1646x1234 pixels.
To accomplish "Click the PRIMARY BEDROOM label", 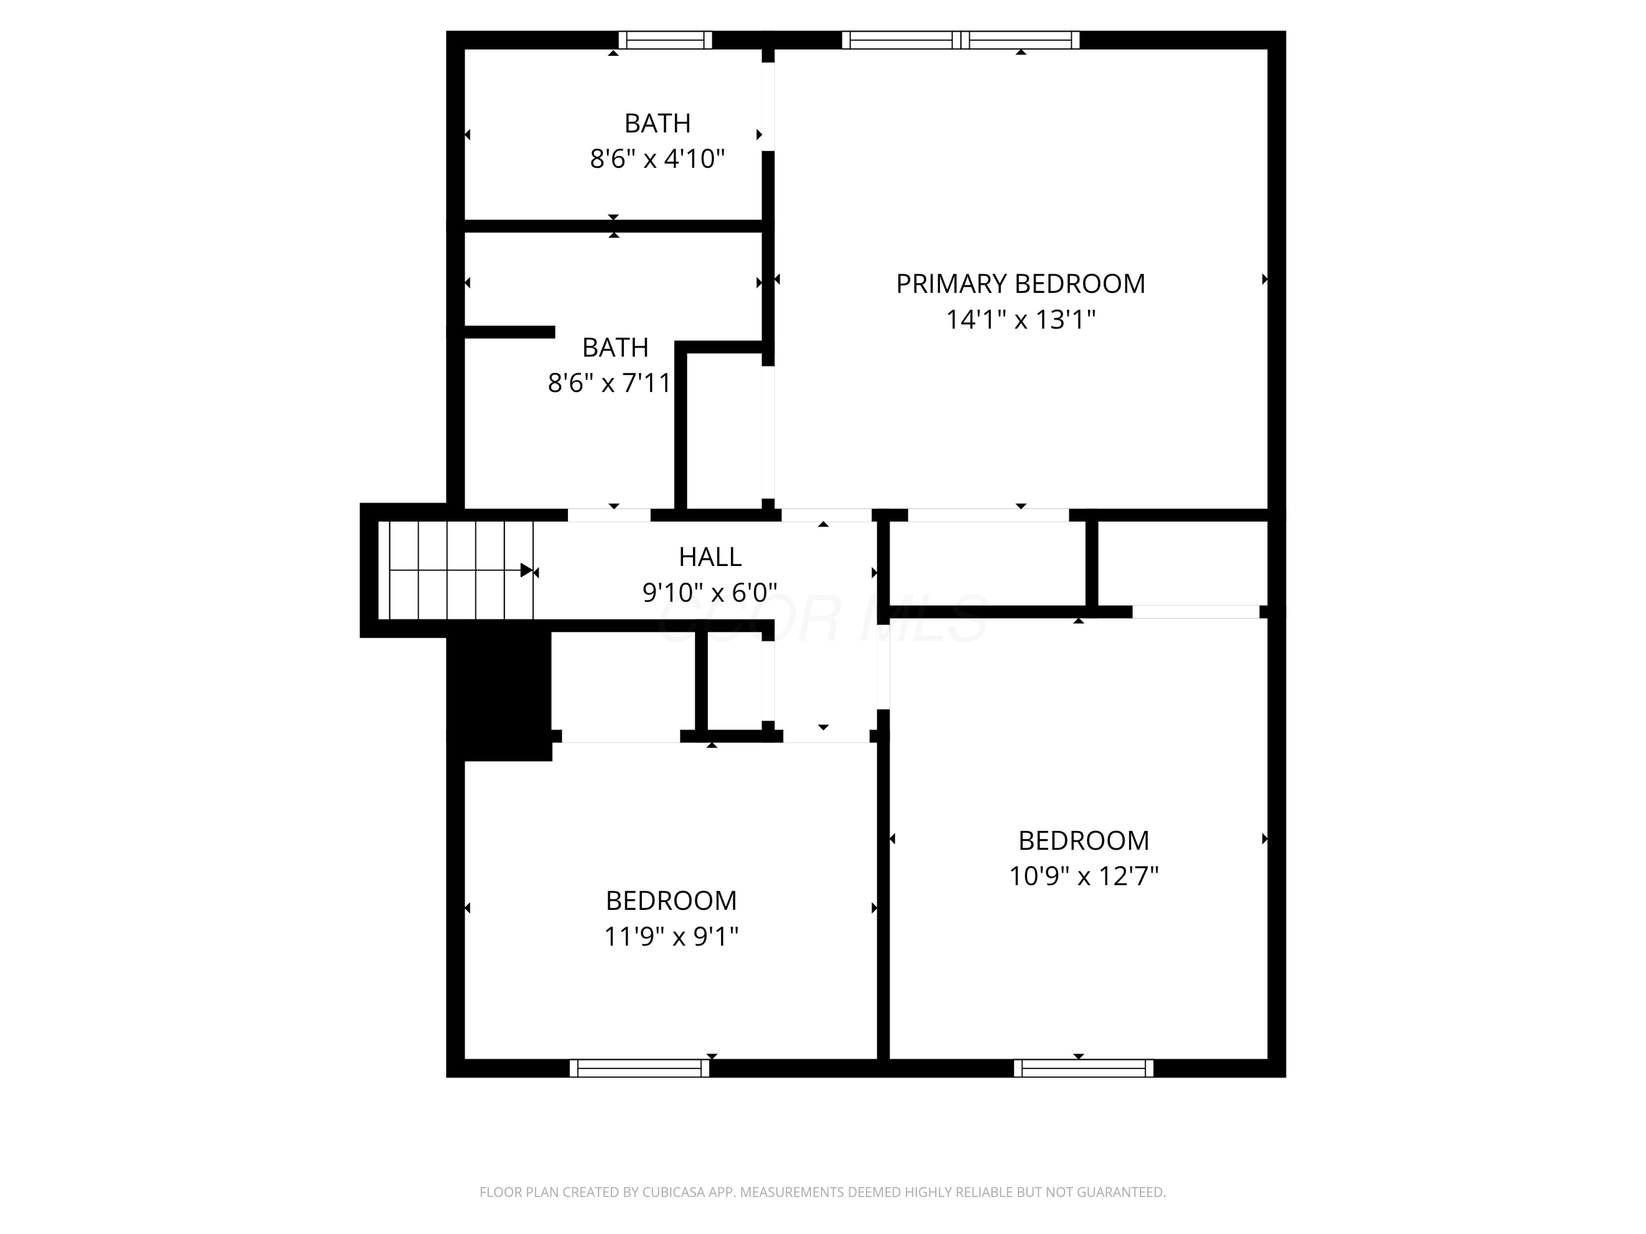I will (1020, 284).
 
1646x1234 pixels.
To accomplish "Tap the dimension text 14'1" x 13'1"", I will (1020, 320).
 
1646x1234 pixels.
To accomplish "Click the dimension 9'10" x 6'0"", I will (710, 593).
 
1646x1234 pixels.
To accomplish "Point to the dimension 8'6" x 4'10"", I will (657, 159).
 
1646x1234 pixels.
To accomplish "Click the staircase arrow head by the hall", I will (527, 570).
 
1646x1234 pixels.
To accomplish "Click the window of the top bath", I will (665, 40).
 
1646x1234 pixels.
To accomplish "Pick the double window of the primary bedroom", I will (961, 40).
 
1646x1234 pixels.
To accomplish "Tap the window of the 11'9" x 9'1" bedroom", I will (639, 1068).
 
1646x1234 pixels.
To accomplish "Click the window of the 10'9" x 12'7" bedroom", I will (1084, 1068).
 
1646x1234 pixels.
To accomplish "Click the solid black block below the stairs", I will (499, 692).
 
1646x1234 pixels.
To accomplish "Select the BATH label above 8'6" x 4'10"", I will (657, 123).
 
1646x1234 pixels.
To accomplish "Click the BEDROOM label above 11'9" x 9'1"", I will (670, 901).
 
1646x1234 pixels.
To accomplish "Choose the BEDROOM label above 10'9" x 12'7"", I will (1084, 841).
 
